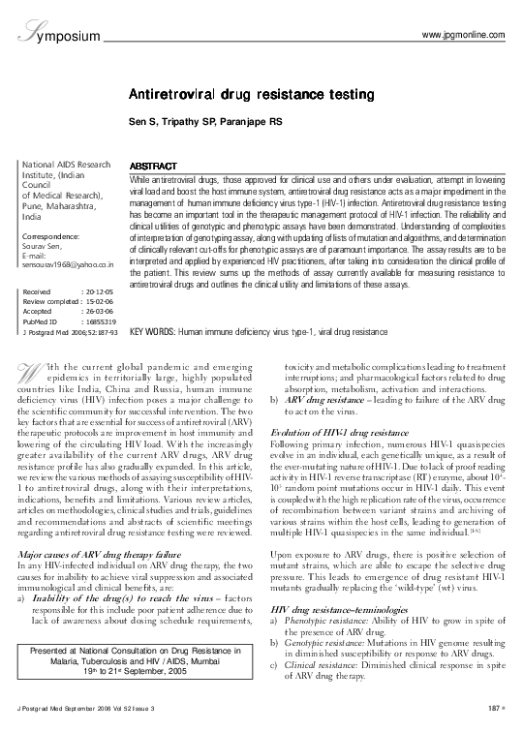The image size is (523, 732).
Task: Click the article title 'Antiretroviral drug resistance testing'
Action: [x=260, y=96]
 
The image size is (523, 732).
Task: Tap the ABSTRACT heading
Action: [x=152, y=167]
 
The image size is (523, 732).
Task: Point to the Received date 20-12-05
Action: [x=99, y=290]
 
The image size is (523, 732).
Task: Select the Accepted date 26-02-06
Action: [x=99, y=311]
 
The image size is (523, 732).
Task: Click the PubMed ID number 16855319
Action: [x=99, y=320]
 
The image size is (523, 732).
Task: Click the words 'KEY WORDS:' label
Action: [x=151, y=331]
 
